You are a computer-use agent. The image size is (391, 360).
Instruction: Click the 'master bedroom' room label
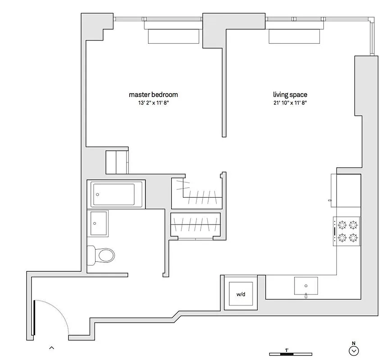(153, 94)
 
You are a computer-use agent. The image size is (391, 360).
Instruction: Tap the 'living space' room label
(290, 94)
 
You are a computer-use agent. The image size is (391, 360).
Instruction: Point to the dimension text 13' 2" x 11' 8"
(153, 103)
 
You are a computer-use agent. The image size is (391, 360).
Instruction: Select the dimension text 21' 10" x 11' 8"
(290, 103)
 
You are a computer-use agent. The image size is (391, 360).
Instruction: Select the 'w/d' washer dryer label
(241, 294)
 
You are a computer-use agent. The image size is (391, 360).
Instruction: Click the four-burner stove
(347, 231)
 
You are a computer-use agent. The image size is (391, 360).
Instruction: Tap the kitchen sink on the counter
(306, 285)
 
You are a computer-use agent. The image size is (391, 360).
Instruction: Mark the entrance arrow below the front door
(52, 347)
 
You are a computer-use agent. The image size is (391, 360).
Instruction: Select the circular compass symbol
(354, 351)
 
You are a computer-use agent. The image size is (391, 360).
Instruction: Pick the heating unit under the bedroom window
(174, 37)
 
